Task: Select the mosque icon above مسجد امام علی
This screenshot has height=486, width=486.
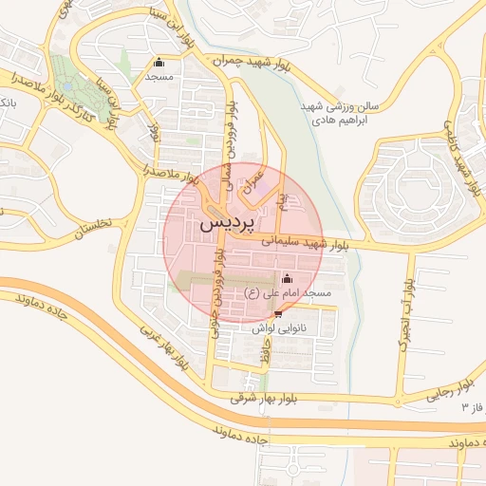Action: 287,278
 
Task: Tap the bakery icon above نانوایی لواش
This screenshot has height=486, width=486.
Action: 277,313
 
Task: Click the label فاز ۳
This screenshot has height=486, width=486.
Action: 472,407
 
